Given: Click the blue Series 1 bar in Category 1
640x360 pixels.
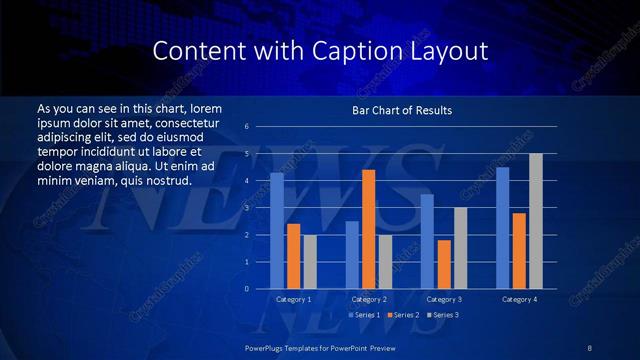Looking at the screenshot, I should [x=277, y=231].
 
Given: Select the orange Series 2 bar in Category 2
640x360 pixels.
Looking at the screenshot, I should [x=368, y=229].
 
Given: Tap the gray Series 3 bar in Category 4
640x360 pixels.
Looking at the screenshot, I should [x=536, y=221].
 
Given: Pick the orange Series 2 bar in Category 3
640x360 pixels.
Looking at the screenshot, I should [x=444, y=264].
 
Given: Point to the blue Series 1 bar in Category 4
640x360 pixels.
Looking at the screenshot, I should [x=503, y=228].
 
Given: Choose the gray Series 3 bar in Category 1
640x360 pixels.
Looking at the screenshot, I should [x=310, y=262].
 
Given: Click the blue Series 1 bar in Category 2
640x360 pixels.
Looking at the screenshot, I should [x=352, y=255].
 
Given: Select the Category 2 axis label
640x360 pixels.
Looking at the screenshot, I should [x=369, y=300].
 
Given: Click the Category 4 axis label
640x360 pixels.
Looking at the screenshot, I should [x=519, y=300].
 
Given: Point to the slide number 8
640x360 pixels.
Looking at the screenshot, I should [x=589, y=347].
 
